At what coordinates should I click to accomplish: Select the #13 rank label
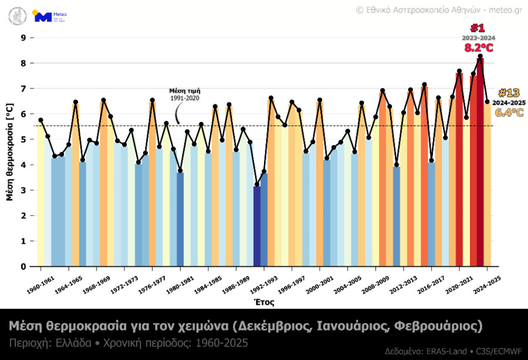pyautogui.click(x=509, y=93)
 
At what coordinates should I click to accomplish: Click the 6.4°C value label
pyautogui.click(x=509, y=113)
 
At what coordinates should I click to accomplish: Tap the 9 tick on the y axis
pyautogui.click(x=23, y=38)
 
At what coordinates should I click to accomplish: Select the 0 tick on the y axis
pyautogui.click(x=23, y=266)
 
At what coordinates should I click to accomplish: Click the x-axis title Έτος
pyautogui.click(x=263, y=303)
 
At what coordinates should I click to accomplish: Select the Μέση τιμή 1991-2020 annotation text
pyautogui.click(x=185, y=94)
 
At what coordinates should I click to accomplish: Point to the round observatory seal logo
pyautogui.click(x=18, y=16)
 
